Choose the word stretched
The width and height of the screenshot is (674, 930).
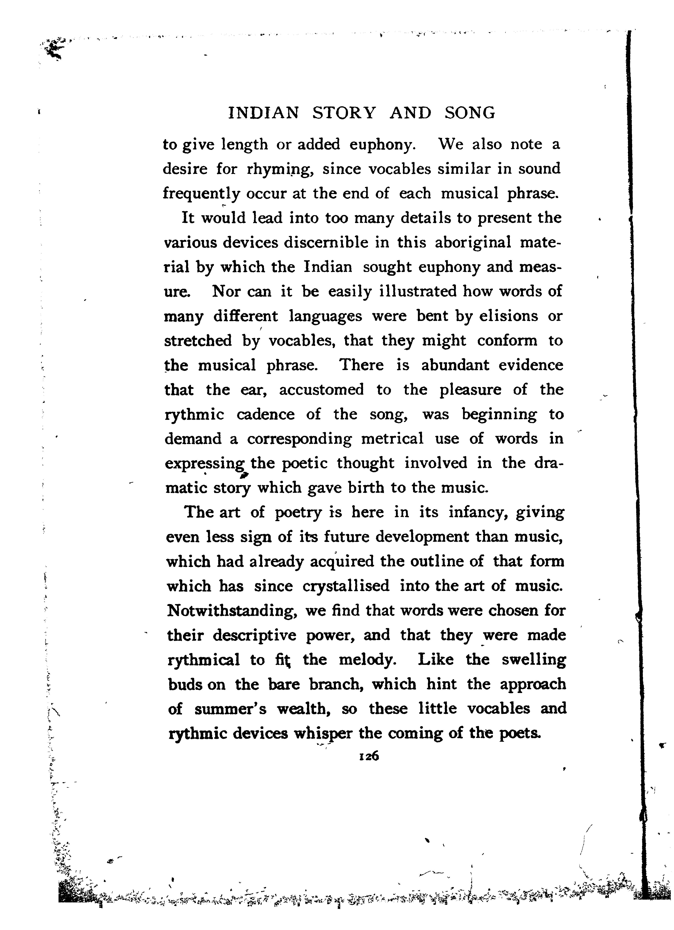[x=198, y=341]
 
